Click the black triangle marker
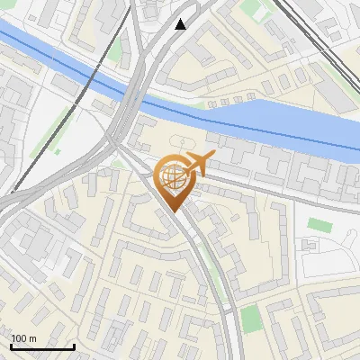point(182,23)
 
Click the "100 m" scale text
point(23,338)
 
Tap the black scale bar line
point(42,346)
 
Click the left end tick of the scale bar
point(11,345)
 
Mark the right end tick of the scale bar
point(74,345)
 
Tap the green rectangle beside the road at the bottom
point(251,318)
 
